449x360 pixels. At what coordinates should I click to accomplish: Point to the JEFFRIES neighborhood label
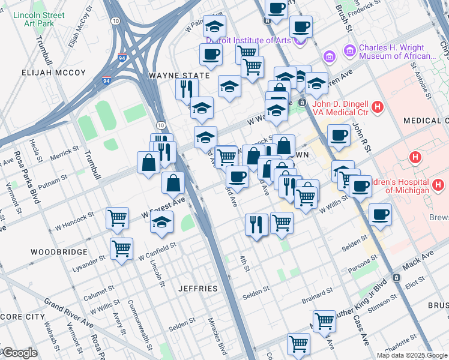[197, 289]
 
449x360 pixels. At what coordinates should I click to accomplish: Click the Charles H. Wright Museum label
[397, 52]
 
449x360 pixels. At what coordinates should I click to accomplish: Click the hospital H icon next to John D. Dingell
[378, 108]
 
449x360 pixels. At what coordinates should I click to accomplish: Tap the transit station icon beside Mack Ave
[396, 278]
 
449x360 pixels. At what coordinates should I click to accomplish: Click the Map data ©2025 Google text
[411, 355]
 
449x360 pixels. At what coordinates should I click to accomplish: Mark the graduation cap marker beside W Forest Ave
[161, 222]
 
